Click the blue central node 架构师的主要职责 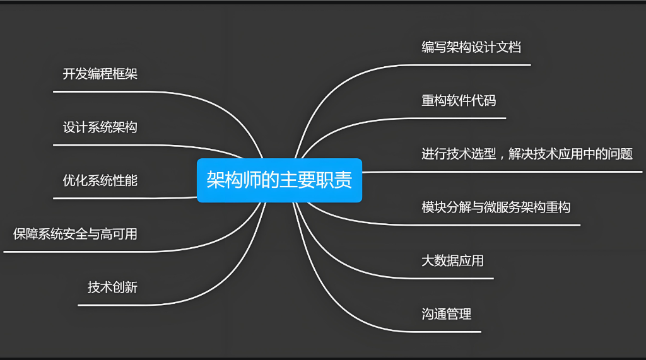point(279,180)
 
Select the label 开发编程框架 point(100,74)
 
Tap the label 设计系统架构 point(100,127)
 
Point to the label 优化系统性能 point(100,181)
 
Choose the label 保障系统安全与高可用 point(75,235)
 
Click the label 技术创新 point(112,288)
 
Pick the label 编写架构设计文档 point(471,47)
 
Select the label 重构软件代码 point(459,100)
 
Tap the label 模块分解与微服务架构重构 point(496,207)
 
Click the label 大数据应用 point(452,260)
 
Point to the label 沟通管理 point(446,314)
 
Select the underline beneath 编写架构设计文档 point(473,64)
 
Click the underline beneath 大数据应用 point(454,277)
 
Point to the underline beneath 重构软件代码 point(461,118)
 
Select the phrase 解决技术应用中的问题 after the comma point(570,154)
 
